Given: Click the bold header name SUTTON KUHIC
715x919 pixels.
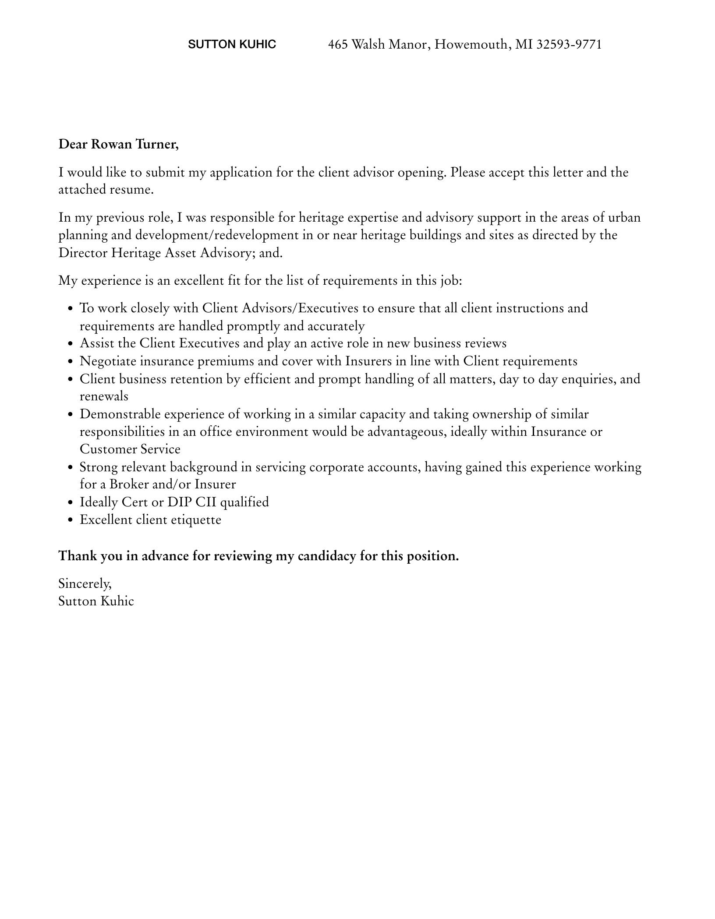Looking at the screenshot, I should pyautogui.click(x=232, y=44).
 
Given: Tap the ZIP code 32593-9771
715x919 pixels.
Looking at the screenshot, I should pyautogui.click(x=569, y=44).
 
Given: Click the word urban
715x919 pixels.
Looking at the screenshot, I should pyautogui.click(x=624, y=218).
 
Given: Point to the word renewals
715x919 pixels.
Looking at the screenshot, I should pyautogui.click(x=104, y=396).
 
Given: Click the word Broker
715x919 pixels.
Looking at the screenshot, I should pyautogui.click(x=129, y=484).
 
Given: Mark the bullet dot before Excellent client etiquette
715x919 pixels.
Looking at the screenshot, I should pyautogui.click(x=70, y=520).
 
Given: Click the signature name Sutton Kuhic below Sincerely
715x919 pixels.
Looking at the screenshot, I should pyautogui.click(x=96, y=601).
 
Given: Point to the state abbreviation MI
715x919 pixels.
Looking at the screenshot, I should pyautogui.click(x=524, y=44).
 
